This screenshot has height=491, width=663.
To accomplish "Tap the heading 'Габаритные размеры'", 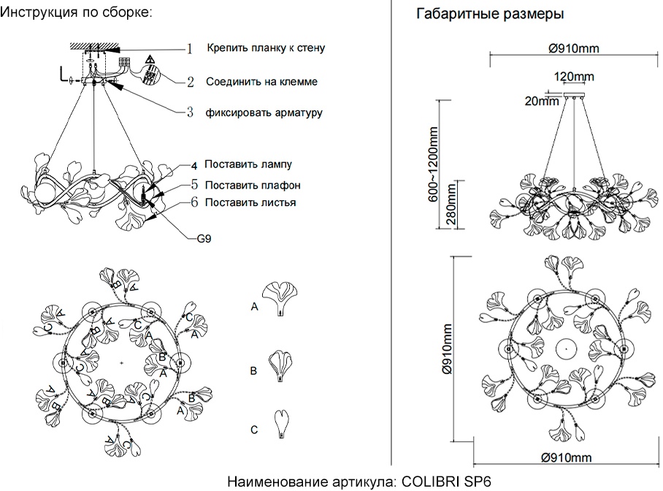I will tap(489, 14).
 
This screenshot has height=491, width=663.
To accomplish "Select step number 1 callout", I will tap(189, 49).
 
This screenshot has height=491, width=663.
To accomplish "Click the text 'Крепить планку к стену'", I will tap(266, 48).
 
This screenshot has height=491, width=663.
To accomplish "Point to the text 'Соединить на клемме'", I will tap(261, 82).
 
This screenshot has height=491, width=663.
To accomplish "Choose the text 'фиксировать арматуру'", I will tap(264, 113).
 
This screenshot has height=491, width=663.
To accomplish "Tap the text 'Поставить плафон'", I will tap(253, 185).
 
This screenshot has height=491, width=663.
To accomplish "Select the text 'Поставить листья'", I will tap(250, 202).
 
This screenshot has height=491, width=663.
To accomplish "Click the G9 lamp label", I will tap(204, 237).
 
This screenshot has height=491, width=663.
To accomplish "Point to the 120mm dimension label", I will tap(573, 76).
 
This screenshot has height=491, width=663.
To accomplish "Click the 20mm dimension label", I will tap(541, 102).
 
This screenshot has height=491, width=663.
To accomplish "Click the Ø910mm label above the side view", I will tap(573, 49).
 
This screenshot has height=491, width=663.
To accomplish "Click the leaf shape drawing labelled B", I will tap(281, 365).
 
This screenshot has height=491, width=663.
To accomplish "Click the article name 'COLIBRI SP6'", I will tap(448, 482).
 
